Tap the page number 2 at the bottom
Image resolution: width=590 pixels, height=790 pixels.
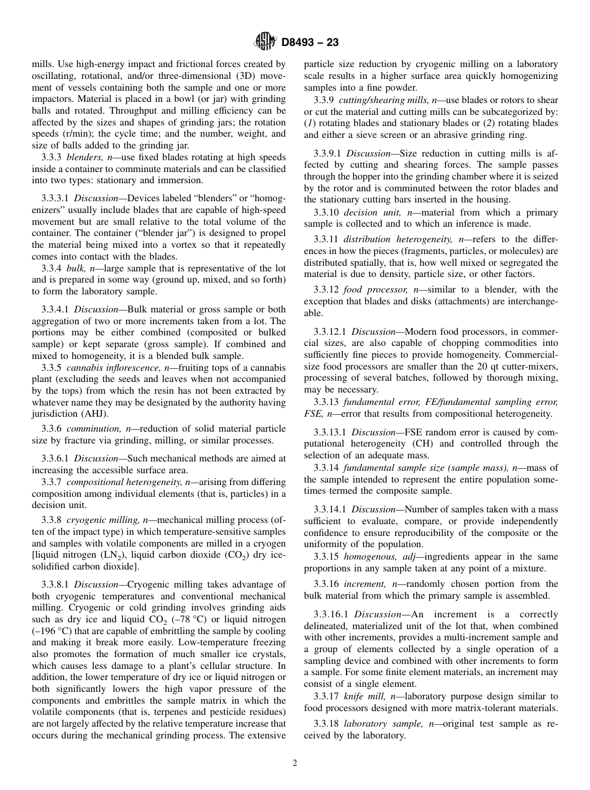tap(295, 763)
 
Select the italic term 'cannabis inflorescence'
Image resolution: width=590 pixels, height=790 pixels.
tap(111, 368)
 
